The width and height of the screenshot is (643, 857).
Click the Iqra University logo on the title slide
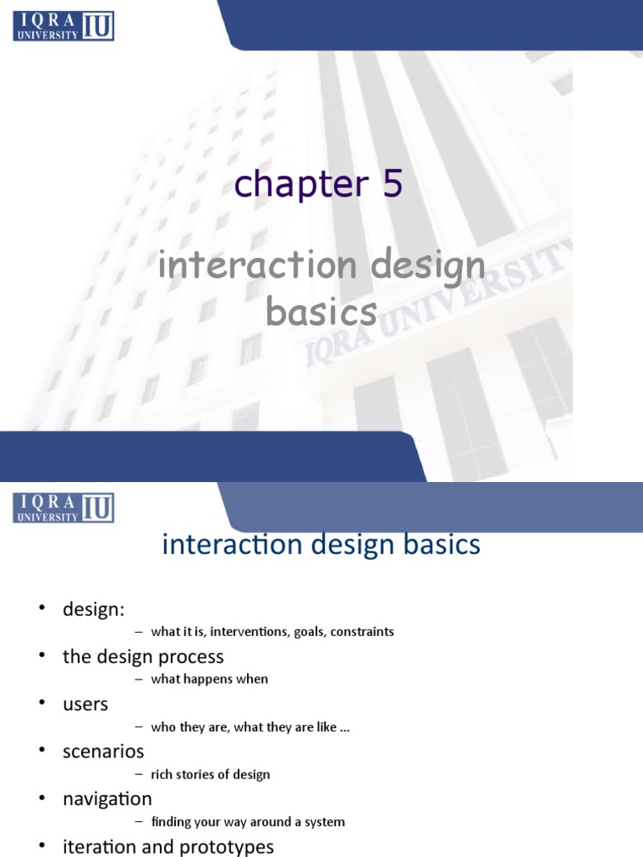[64, 26]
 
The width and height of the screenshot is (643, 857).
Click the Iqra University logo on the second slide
[64, 508]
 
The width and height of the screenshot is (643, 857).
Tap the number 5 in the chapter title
[393, 182]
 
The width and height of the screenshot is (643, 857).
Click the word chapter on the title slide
[301, 184]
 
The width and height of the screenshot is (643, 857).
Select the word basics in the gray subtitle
[321, 311]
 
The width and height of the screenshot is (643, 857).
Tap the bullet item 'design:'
[94, 609]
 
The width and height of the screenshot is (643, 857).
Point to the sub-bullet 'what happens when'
[209, 679]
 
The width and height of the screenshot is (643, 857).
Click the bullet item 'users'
[85, 705]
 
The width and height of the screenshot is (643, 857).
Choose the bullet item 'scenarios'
[103, 752]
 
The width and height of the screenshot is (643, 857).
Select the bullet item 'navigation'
[107, 799]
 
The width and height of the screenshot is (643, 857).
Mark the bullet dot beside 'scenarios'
[42, 751]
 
